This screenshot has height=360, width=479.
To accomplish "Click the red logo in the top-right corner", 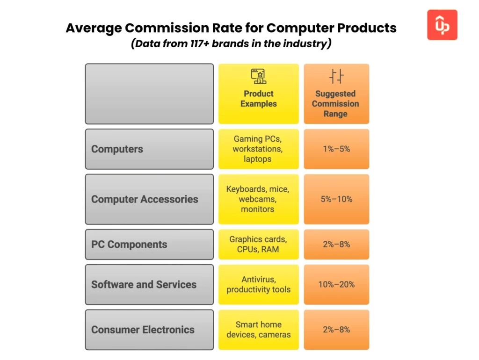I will coord(442,25).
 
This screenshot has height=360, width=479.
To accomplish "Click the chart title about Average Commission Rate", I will coord(231,28).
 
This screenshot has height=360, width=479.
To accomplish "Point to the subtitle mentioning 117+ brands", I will coord(231,44).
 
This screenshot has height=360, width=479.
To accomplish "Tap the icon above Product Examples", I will coord(258,76).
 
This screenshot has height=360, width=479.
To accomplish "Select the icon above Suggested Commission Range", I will coord(336,76).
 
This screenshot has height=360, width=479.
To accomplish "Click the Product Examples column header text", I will coord(258,99).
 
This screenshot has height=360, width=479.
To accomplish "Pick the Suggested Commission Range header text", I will coord(335,104).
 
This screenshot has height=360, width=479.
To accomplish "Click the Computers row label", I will coord(117,149).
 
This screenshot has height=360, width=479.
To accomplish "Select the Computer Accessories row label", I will coord(145,199).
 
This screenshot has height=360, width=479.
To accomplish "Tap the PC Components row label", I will coord(129,245).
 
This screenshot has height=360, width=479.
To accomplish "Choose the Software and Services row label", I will coord(144,285).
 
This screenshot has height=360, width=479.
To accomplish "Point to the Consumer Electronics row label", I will coord(143,330).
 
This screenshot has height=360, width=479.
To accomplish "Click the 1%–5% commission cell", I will coord(336,149).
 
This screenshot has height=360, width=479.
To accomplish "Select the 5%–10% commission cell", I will coord(336,199).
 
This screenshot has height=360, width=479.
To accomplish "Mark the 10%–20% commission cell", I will coord(336,285).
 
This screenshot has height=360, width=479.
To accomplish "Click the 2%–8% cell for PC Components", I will coord(336,245).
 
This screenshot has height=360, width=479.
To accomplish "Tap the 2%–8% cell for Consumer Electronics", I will coord(336,330).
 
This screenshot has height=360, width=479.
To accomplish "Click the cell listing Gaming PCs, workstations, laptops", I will coord(258,149).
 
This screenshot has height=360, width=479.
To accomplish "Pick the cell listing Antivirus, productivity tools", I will coord(258,285).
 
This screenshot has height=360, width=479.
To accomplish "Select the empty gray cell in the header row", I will coord(149,94).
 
